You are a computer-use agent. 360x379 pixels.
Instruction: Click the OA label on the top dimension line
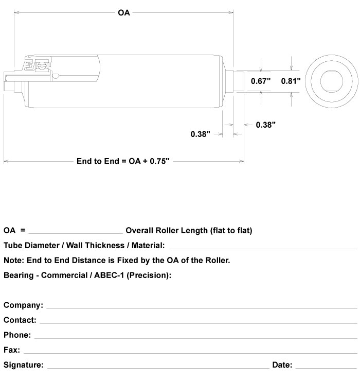coord(123,13)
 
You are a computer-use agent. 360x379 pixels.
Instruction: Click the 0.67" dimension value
coord(260,81)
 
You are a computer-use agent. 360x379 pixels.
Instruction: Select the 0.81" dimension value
coord(291,81)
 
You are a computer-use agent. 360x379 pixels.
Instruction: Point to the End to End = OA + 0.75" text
coord(123,161)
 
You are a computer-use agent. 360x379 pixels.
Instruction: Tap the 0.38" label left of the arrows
coord(201,134)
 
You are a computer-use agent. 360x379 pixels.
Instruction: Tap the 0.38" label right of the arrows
coord(266,125)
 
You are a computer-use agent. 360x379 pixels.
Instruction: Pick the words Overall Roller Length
coord(167,231)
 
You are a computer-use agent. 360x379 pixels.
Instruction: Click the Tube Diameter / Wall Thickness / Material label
coord(84,246)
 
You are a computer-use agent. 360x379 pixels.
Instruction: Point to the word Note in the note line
coord(12,261)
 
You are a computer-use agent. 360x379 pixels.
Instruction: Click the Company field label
coord(24,306)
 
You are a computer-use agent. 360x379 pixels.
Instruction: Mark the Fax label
coord(12,350)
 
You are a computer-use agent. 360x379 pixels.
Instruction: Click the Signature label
coord(24,365)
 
